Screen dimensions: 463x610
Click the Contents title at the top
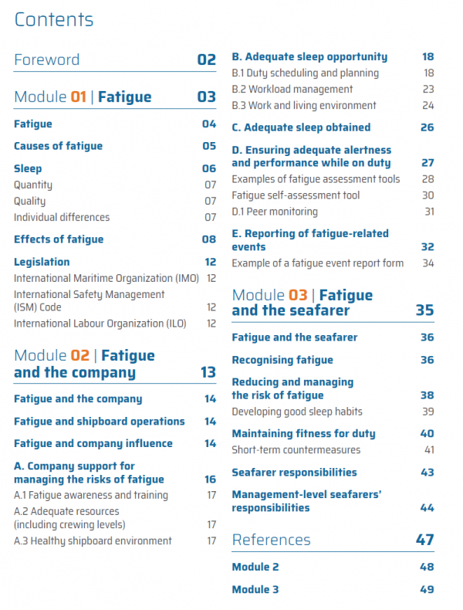click(x=54, y=19)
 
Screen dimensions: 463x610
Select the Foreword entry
click(x=46, y=60)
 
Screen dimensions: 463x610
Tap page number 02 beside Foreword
click(x=207, y=60)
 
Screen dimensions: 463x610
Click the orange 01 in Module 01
click(x=78, y=97)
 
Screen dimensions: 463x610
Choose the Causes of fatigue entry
click(x=59, y=146)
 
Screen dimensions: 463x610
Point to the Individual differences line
click(x=62, y=217)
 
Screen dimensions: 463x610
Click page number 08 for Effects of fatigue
click(x=209, y=239)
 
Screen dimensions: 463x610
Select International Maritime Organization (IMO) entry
click(x=106, y=279)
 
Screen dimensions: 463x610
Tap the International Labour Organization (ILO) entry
click(x=100, y=324)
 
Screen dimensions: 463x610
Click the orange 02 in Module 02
click(x=79, y=355)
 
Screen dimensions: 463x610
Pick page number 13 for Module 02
click(x=208, y=372)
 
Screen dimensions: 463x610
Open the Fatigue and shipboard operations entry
click(x=100, y=422)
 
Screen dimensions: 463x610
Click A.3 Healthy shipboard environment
click(x=93, y=541)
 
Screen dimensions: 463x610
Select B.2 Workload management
click(x=292, y=90)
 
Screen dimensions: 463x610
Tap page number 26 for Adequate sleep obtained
click(x=428, y=127)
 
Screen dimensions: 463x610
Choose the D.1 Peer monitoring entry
click(x=275, y=212)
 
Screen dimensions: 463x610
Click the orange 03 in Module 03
click(x=298, y=295)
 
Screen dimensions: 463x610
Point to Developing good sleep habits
click(x=297, y=412)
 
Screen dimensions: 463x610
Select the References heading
click(x=272, y=540)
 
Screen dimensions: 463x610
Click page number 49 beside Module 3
click(x=427, y=589)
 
